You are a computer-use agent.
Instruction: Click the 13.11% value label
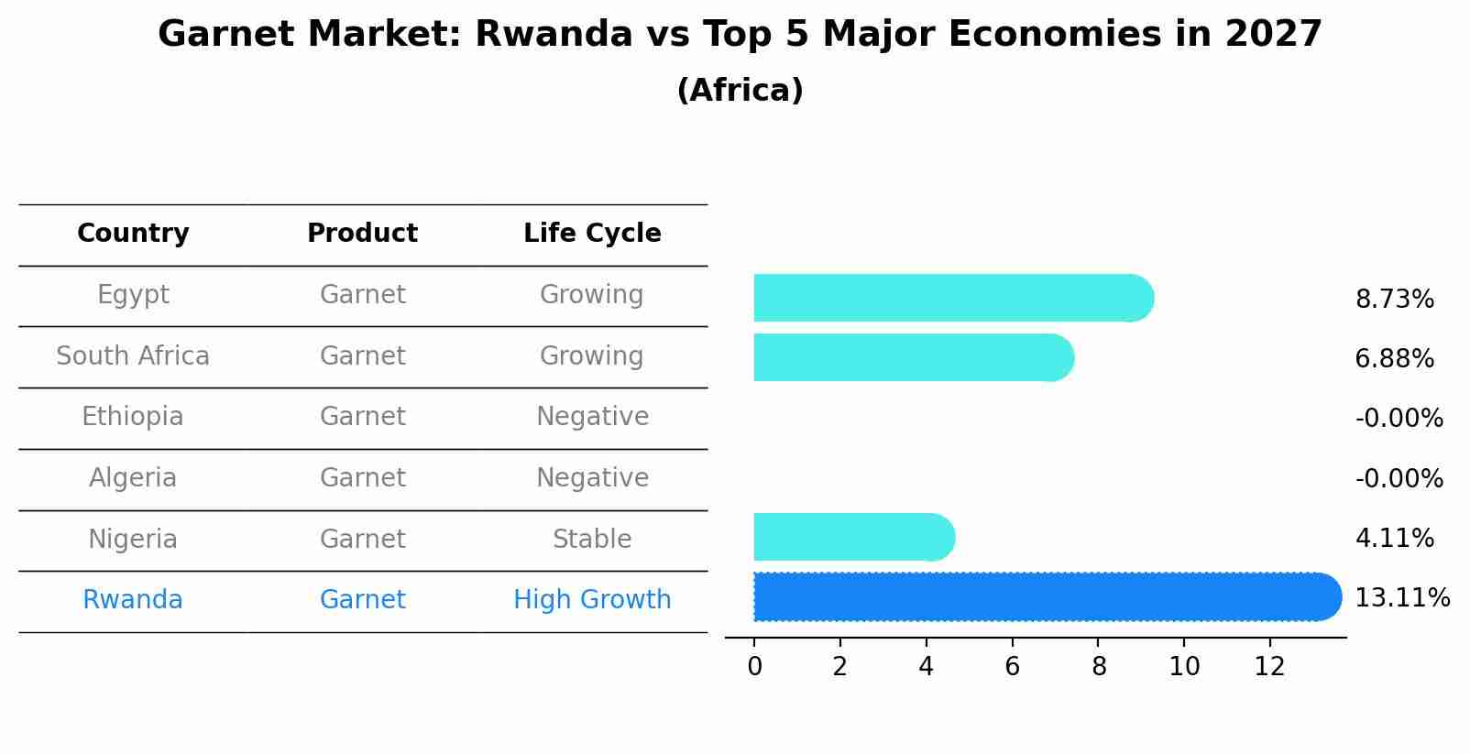(x=1401, y=598)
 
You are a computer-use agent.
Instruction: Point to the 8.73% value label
(x=1394, y=300)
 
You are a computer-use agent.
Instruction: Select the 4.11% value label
(x=1394, y=538)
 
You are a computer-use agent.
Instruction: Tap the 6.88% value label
(x=1394, y=359)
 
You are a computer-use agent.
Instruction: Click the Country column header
(x=133, y=234)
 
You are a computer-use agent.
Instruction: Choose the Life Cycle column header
(x=592, y=234)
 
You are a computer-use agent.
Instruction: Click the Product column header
(x=362, y=234)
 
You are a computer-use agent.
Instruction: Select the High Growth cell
(x=592, y=600)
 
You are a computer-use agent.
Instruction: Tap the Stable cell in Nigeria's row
(x=592, y=540)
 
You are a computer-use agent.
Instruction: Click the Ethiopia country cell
(x=133, y=417)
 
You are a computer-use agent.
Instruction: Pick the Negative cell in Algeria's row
(x=592, y=478)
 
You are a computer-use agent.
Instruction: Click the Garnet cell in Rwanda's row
(x=362, y=600)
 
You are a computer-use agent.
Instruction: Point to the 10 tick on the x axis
(x=1184, y=667)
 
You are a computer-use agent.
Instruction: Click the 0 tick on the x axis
(x=754, y=667)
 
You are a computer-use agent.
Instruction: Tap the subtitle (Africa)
(x=740, y=91)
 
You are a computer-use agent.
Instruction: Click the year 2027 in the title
(x=1273, y=35)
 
